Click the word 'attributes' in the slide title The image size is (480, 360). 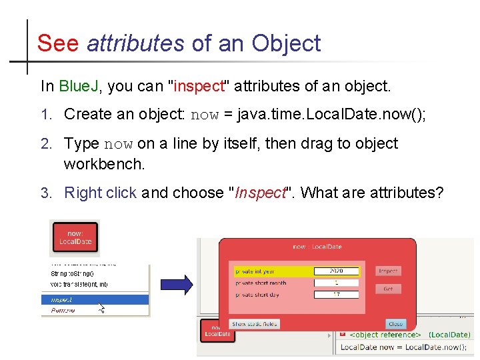pyautogui.click(x=135, y=43)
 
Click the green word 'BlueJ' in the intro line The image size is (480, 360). pyautogui.click(x=79, y=86)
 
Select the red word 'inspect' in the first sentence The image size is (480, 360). pyautogui.click(x=199, y=86)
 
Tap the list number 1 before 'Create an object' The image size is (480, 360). pyautogui.click(x=45, y=115)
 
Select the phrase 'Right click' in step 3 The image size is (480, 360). pyautogui.click(x=100, y=193)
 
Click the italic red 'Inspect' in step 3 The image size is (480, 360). pyautogui.click(x=261, y=193)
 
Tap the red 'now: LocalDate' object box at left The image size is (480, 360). pyautogui.click(x=75, y=237)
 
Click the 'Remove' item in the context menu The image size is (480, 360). pyautogui.click(x=63, y=310)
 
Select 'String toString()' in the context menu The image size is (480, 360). pyautogui.click(x=72, y=273)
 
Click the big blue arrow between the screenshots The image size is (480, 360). pyautogui.click(x=177, y=285)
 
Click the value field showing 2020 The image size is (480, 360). pyautogui.click(x=337, y=271)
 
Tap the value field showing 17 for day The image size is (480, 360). pyautogui.click(x=337, y=295)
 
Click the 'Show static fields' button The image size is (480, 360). pyautogui.click(x=254, y=324)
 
